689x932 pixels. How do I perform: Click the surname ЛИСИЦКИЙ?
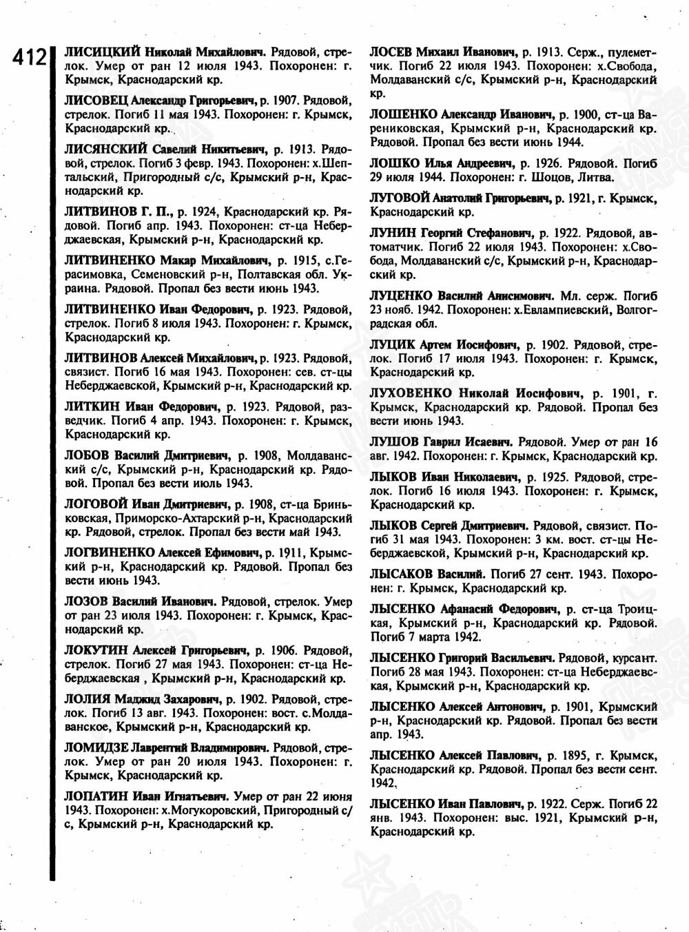pyautogui.click(x=102, y=52)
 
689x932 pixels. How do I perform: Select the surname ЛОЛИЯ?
pyautogui.click(x=88, y=697)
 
